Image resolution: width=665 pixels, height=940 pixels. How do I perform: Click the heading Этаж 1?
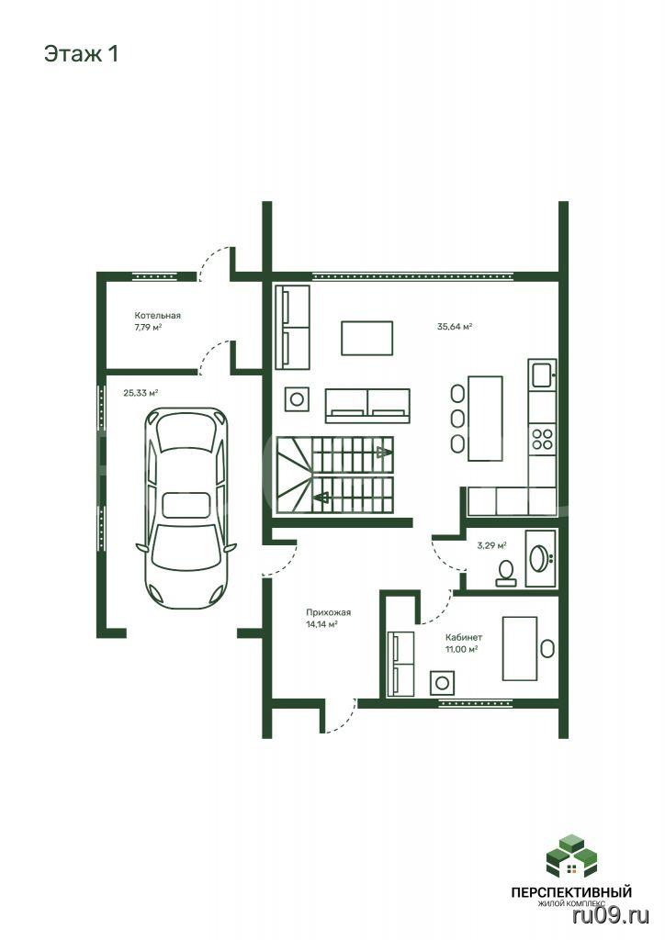coord(81,54)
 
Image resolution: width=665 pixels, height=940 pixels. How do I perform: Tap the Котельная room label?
coord(157,316)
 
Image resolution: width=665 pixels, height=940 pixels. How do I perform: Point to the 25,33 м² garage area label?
coord(141,393)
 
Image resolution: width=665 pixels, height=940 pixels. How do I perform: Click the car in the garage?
coord(186,507)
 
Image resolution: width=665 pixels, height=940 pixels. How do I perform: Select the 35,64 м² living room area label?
coord(455,327)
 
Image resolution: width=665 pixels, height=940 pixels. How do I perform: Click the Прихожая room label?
coord(328,612)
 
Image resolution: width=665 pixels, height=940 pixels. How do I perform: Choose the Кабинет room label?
coord(464,637)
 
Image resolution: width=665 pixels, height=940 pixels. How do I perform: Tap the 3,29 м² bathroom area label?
coord(491,545)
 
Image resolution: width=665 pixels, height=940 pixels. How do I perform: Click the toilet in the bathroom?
coord(506,573)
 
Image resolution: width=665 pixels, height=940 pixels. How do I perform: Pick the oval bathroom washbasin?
coord(538,558)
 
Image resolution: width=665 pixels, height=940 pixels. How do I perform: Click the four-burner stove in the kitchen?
coord(542,440)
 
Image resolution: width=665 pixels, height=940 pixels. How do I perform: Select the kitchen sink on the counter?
coord(542,375)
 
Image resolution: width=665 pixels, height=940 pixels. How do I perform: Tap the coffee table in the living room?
coord(367,338)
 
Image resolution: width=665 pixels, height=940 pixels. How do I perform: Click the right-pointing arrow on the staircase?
coord(382,452)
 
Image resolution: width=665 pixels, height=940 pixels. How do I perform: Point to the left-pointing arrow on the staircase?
coord(321,497)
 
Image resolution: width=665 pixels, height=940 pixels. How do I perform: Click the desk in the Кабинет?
coord(520,648)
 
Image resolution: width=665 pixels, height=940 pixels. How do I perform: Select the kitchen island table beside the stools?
coord(485,419)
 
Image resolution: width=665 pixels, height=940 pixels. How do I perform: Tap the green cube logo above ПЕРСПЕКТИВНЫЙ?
coord(571,856)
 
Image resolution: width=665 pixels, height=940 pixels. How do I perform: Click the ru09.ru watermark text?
coord(611,915)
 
